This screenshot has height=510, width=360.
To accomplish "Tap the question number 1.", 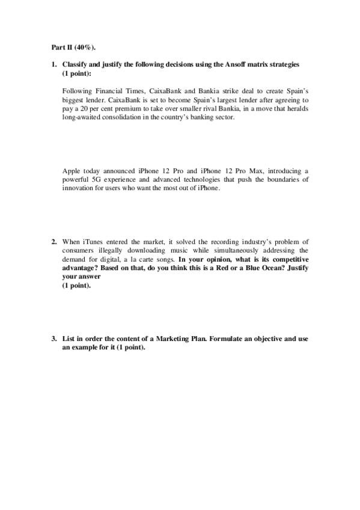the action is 53,64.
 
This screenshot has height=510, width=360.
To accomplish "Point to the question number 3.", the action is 53,339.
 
